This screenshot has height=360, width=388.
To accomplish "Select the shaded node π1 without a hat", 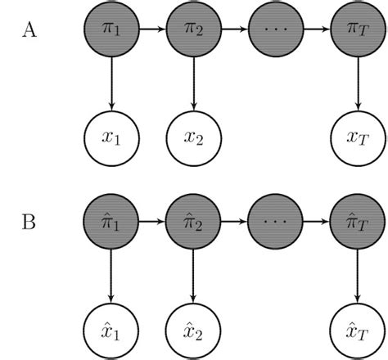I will pyautogui.click(x=111, y=30).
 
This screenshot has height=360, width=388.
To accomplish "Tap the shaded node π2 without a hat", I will pyautogui.click(x=193, y=30).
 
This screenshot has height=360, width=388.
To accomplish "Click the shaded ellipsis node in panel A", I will pyautogui.click(x=275, y=30).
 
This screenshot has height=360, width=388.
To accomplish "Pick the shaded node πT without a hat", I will pyautogui.click(x=357, y=30).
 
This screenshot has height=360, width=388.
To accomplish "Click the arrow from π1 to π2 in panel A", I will pyautogui.click(x=152, y=30).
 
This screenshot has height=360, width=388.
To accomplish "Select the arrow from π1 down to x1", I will pyautogui.click(x=111, y=82).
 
